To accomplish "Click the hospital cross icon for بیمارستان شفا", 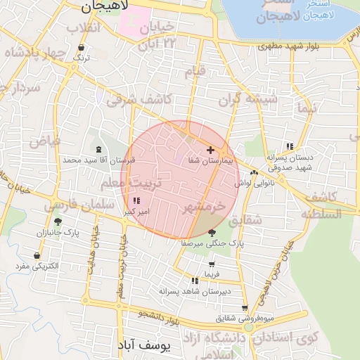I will click(210, 150).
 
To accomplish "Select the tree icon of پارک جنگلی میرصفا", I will click(212, 232).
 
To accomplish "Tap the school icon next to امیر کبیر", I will click(136, 201).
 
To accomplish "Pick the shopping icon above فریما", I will click(212, 264).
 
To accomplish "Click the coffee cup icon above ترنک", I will click(82, 48).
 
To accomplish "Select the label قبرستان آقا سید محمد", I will click(98, 160).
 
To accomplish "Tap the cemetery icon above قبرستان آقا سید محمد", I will click(98, 149).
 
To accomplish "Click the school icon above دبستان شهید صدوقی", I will click(289, 146).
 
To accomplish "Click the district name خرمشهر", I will click(204, 207).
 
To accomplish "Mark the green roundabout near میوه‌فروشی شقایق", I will click(248, 328).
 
